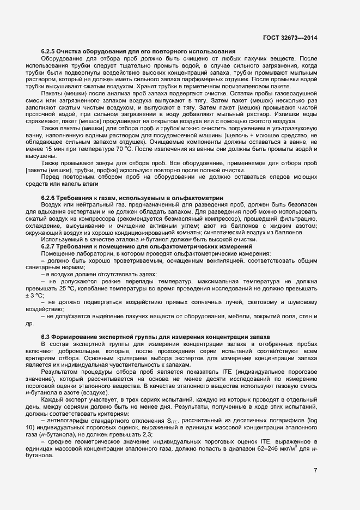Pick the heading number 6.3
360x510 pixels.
(x=46, y=338)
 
